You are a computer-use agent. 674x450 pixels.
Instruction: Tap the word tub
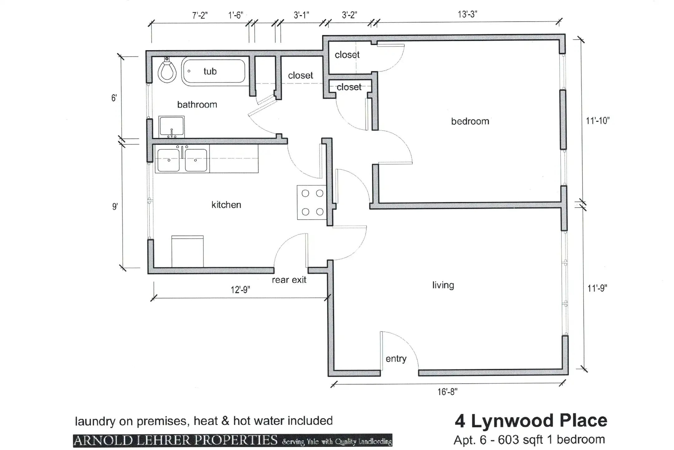[210, 72]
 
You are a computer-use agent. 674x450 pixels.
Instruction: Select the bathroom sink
[171, 127]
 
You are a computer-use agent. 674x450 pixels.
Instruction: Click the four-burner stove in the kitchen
[312, 202]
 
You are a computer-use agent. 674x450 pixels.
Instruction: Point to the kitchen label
[226, 205]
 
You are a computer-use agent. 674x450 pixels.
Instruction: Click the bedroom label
[470, 121]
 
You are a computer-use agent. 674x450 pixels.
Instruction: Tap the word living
[443, 285]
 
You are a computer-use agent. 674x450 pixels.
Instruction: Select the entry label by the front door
[396, 359]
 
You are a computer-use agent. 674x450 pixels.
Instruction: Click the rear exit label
[289, 280]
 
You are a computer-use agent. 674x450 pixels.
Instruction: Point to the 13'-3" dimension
[467, 14]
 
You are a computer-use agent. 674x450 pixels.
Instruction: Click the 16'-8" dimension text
[447, 392]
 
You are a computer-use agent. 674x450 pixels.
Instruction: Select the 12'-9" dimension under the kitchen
[240, 290]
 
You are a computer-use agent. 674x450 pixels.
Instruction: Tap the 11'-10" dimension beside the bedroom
[598, 121]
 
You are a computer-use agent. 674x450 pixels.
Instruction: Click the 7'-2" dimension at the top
[200, 15]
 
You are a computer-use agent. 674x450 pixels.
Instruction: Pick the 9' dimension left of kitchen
[115, 207]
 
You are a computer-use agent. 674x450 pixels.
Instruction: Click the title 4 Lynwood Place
[531, 420]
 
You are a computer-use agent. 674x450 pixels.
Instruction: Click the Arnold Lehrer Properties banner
[232, 441]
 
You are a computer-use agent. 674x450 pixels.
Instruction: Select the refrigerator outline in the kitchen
[188, 252]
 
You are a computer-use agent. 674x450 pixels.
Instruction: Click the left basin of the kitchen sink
[168, 160]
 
